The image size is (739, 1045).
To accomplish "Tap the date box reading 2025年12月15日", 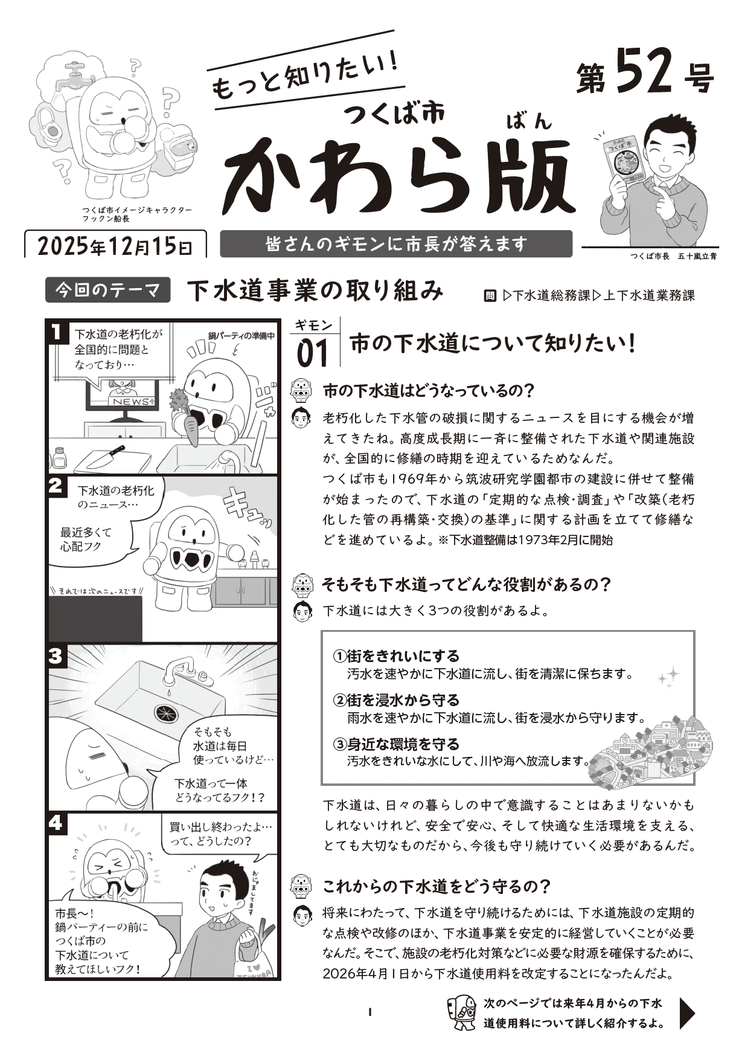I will pyautogui.click(x=115, y=246).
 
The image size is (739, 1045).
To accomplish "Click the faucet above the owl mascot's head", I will pyautogui.click(x=75, y=74).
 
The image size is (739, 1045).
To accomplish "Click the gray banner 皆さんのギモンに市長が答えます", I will pyautogui.click(x=396, y=244).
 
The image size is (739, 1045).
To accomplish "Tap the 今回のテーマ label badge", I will pyautogui.click(x=108, y=291).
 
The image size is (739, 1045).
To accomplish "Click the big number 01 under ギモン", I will pyautogui.click(x=312, y=353).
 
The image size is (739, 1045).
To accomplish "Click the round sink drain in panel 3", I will pyautogui.click(x=164, y=713).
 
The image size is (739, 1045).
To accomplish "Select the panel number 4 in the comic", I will pyautogui.click(x=56, y=823).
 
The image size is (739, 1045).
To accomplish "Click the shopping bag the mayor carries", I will pyautogui.click(x=260, y=957).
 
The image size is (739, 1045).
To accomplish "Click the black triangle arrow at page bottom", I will pyautogui.click(x=687, y=1012).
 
